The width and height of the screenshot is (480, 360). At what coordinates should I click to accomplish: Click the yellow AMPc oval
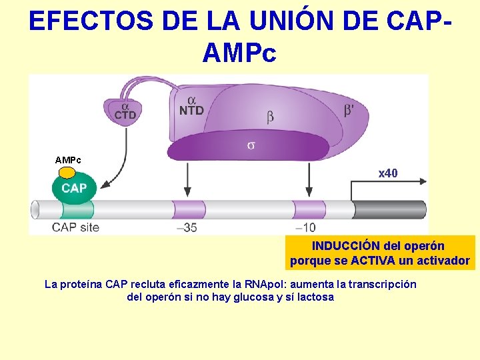click(x=67, y=173)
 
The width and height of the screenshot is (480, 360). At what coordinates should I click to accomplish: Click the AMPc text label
click(x=68, y=160)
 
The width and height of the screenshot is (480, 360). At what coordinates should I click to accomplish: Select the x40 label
click(x=388, y=173)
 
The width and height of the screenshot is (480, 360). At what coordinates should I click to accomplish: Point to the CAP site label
click(x=75, y=227)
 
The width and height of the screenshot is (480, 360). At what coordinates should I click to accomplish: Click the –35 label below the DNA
click(x=187, y=227)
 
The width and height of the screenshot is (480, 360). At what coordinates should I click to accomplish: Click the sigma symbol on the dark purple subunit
click(x=251, y=145)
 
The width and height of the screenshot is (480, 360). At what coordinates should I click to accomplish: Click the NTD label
click(x=191, y=111)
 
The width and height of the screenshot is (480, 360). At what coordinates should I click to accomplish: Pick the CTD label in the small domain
click(x=125, y=115)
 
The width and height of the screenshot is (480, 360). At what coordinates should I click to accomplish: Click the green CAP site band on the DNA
click(x=77, y=209)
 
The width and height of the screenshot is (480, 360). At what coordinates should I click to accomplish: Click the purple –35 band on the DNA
click(x=189, y=209)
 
